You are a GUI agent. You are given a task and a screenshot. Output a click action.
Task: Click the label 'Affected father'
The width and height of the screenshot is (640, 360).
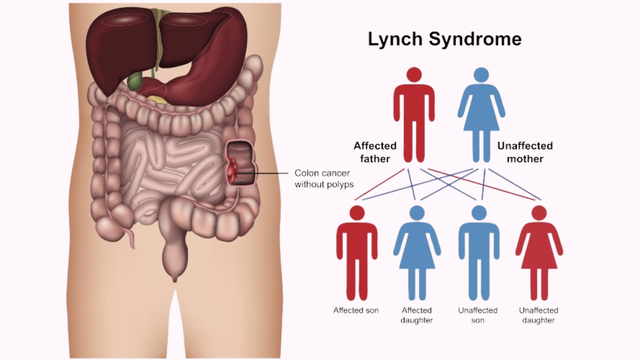[375, 153]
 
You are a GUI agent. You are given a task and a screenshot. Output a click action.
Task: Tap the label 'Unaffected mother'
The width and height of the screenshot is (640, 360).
[525, 153]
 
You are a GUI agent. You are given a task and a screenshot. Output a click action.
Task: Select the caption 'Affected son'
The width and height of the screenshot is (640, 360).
[357, 309]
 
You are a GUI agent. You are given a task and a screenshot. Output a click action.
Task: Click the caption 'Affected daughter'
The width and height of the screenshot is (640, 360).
[416, 315]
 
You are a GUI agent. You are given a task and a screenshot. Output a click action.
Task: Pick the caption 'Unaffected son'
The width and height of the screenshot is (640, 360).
[478, 315]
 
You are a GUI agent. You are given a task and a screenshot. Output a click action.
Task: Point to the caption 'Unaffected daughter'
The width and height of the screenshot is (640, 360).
[539, 315]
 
